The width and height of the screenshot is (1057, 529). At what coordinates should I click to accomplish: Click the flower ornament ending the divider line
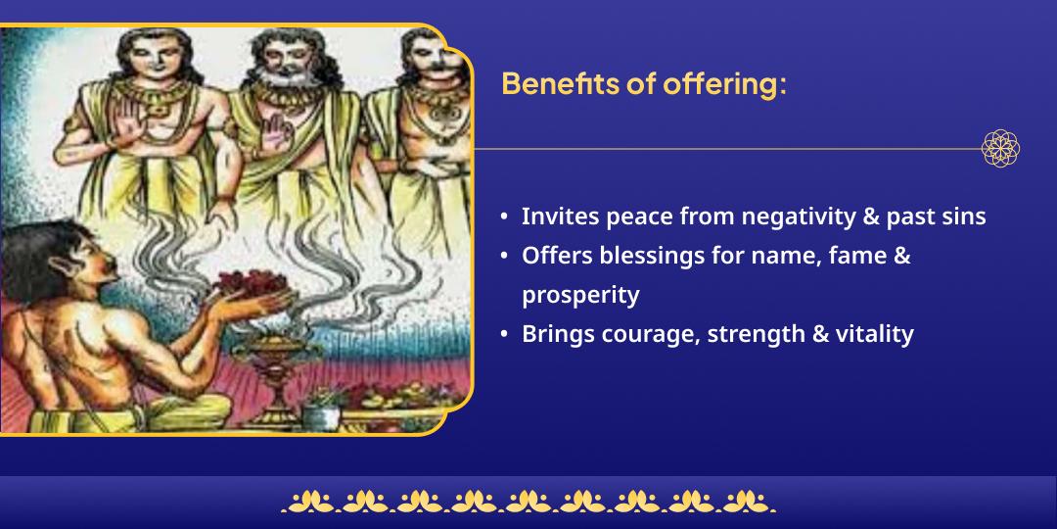pyautogui.click(x=1000, y=149)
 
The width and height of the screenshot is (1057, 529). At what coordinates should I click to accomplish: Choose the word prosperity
pyautogui.click(x=580, y=296)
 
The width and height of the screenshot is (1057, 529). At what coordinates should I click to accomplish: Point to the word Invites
pyautogui.click(x=561, y=217)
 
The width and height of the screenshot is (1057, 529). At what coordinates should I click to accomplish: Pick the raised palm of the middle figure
pyautogui.click(x=276, y=131)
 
